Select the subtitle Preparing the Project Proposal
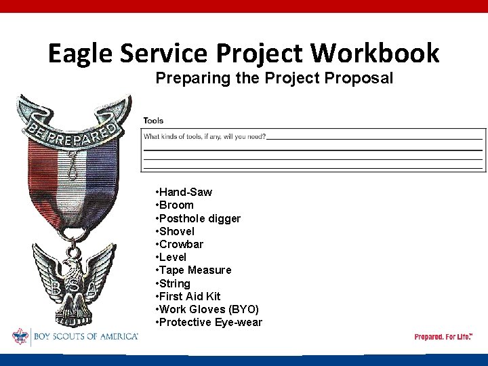(x=274, y=78)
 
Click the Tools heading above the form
(x=153, y=121)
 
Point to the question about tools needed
(x=204, y=136)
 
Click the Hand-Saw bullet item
(x=185, y=192)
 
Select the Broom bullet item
(x=176, y=205)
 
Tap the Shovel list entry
(x=177, y=231)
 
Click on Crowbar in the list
(x=181, y=244)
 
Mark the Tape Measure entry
(x=195, y=270)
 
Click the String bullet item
(x=174, y=283)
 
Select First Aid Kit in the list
(x=189, y=296)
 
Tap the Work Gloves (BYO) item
(x=209, y=309)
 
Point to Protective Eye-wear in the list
(x=210, y=322)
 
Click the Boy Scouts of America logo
(x=75, y=337)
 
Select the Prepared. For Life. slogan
(x=443, y=337)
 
